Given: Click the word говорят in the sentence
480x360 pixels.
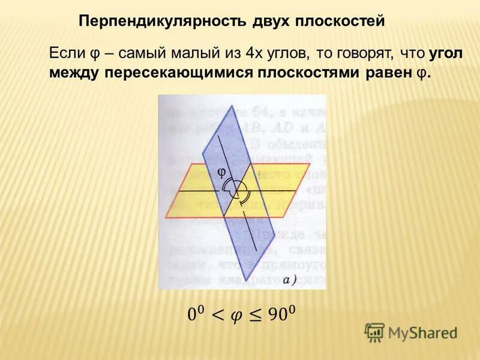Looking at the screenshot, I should point(361,55).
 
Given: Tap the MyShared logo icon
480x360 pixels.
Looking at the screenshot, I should point(374,332).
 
